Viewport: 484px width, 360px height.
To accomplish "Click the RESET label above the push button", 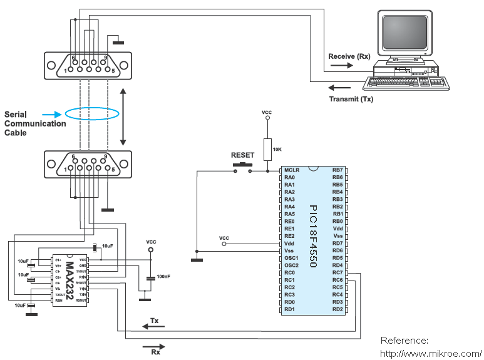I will tap(243, 155).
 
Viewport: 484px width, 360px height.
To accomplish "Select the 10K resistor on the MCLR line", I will tap(267, 149).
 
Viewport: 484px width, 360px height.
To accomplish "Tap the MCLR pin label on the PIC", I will tap(292, 170).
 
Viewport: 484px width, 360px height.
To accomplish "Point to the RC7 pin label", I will tap(337, 272).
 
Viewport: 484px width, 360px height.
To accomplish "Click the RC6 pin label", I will tap(337, 280).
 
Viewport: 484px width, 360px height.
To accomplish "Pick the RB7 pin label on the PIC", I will tap(337, 170).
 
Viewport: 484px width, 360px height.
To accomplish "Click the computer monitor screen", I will tap(406, 34).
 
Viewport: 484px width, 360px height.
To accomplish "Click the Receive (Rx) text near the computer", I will tap(349, 56).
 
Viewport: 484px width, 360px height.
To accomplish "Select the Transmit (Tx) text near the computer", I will tap(351, 99).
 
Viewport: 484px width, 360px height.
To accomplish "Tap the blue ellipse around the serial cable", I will tap(92, 114).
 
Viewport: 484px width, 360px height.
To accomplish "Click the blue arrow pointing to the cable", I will tap(53, 114).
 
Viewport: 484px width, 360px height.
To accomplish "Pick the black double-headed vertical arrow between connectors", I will tap(123, 116).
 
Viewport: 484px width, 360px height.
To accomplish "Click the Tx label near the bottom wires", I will tap(154, 321).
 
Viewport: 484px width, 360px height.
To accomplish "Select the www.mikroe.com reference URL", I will tap(431, 353).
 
